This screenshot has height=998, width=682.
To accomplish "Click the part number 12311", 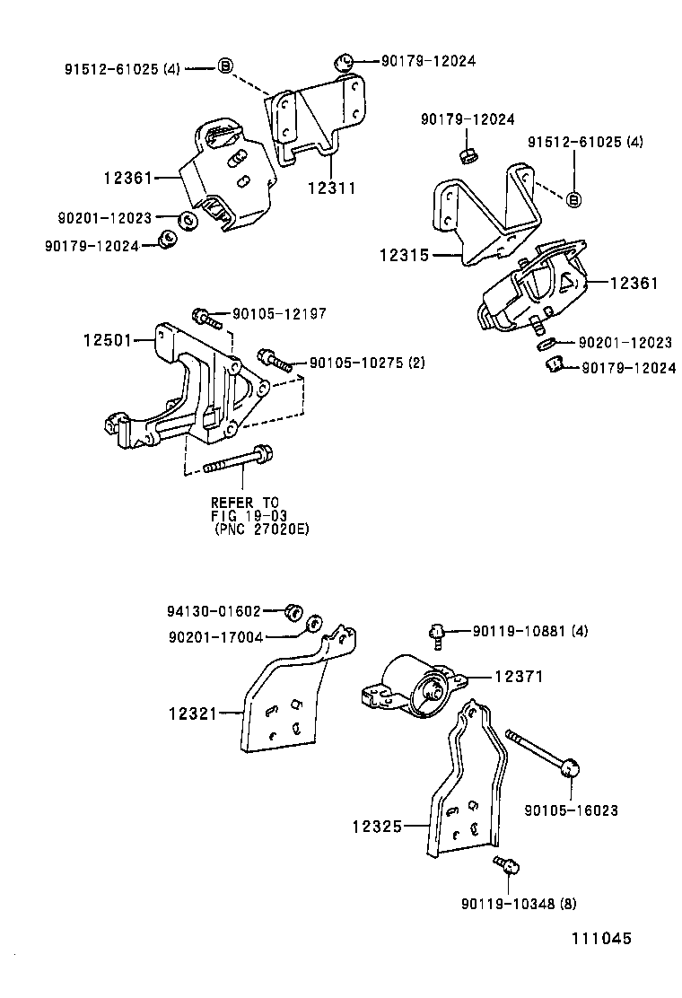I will (332, 188).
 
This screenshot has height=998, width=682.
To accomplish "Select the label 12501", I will (107, 340).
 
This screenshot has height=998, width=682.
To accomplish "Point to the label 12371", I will (519, 678).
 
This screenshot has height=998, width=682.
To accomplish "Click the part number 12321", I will (193, 714).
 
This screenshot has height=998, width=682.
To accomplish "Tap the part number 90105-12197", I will (279, 314).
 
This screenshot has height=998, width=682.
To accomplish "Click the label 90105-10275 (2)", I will (366, 363).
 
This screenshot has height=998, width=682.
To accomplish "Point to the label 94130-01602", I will (213, 611).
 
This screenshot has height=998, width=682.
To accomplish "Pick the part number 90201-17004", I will (214, 636).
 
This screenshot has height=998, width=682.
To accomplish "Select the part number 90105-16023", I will (571, 810).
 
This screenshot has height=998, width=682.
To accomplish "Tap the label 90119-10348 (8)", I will (520, 903).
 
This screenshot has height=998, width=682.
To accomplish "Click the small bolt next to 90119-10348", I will (506, 865).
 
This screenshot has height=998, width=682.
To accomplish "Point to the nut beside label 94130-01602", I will (293, 612).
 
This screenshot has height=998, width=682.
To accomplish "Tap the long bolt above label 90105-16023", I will (544, 749).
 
